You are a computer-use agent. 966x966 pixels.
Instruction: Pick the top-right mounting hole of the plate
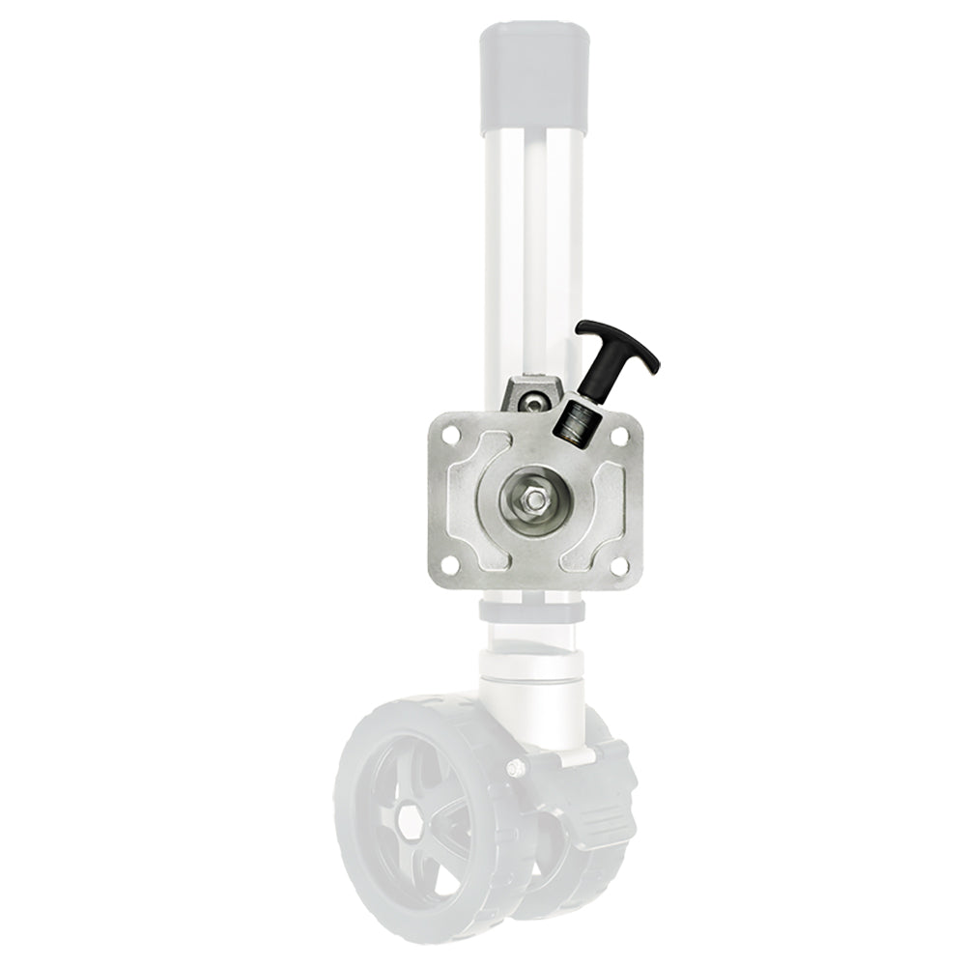tap(616, 435)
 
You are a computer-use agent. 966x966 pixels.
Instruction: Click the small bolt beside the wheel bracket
tap(517, 769)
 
